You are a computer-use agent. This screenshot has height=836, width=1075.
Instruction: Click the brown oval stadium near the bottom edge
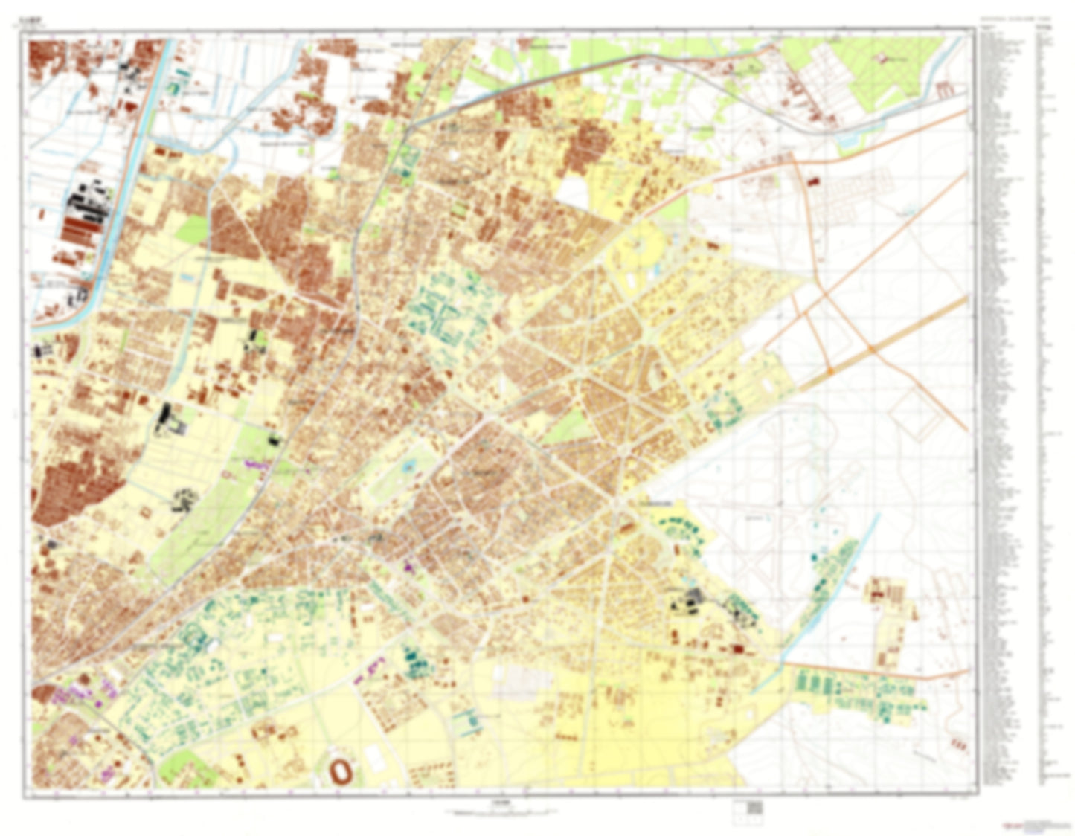[x=343, y=770]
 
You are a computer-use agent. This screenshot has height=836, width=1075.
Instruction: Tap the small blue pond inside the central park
[x=408, y=468]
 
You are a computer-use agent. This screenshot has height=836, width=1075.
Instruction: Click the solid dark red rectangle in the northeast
[x=811, y=181]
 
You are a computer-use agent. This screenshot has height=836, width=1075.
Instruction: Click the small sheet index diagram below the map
[x=753, y=808]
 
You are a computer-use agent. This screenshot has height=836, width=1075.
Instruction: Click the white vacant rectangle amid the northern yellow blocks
[x=572, y=190]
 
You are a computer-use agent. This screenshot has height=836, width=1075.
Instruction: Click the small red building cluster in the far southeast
[x=960, y=742]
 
